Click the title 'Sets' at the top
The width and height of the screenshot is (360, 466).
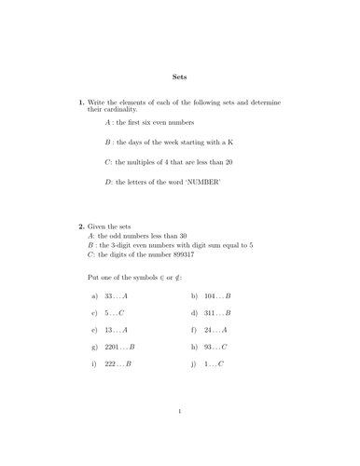(x=180, y=77)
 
